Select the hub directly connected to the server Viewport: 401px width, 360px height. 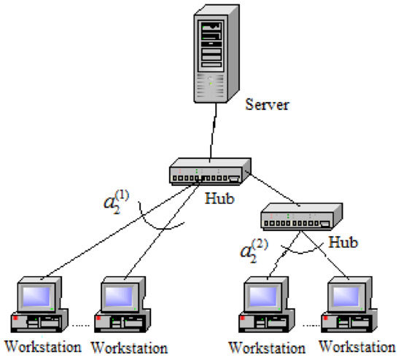click(x=207, y=174)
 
